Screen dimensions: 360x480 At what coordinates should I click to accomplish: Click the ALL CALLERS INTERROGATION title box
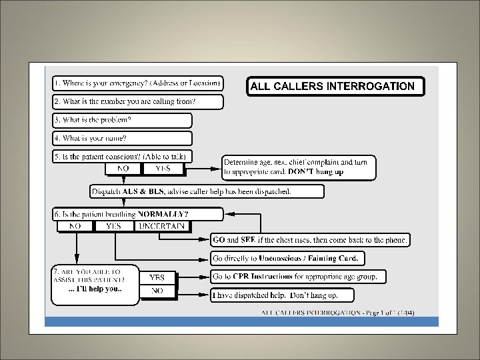point(335,86)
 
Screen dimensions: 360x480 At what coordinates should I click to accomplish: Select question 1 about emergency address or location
point(137,84)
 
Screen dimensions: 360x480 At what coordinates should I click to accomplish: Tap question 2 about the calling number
point(137,102)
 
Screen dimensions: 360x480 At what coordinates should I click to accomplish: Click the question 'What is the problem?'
point(122,120)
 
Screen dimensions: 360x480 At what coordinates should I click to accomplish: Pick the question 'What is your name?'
point(122,138)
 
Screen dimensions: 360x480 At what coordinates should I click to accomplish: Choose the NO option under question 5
point(123,169)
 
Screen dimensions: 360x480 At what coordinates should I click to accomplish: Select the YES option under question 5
point(162,169)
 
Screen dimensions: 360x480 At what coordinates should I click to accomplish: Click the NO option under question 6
point(75,226)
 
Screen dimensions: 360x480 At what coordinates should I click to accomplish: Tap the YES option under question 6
point(115,226)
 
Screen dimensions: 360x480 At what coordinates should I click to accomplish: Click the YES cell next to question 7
point(157,277)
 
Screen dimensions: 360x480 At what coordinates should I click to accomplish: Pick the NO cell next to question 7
point(157,291)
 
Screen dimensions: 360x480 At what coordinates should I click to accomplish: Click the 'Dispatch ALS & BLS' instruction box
point(207,191)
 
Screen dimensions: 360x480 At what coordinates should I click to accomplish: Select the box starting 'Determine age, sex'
point(299,167)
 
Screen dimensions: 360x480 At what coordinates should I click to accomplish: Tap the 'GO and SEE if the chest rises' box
point(310,239)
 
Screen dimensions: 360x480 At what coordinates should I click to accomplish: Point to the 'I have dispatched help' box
point(282,295)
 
